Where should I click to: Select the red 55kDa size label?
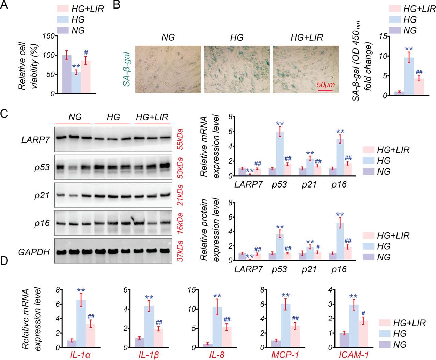click(x=180, y=140)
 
